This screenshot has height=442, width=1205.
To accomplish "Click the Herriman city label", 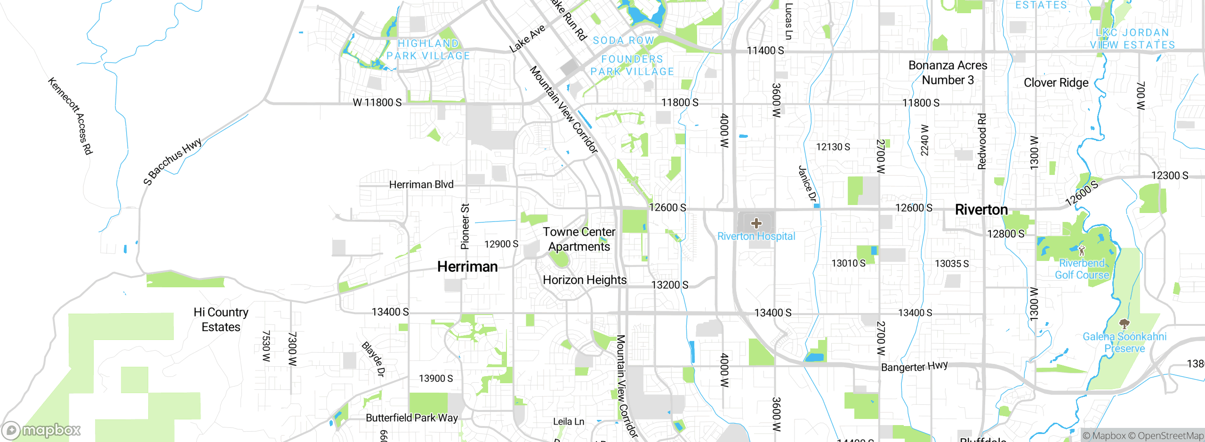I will click(x=467, y=267).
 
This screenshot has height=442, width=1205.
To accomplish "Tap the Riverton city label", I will click(x=981, y=210).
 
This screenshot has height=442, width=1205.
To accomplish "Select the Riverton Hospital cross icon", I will click(x=756, y=223).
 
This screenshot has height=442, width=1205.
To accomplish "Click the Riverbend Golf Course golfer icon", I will click(x=1081, y=251).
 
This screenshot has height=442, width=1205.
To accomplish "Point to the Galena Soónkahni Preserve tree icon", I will click(x=1124, y=324).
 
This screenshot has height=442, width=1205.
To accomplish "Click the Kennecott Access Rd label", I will click(x=70, y=116).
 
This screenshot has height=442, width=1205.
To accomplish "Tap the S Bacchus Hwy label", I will click(x=172, y=161).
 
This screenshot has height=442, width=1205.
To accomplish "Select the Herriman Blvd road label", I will click(x=421, y=185).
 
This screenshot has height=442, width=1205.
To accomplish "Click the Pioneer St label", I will click(x=465, y=226).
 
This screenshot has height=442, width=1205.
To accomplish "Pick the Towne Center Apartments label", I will click(x=579, y=239).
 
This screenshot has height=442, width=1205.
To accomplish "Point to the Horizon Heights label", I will click(x=585, y=280).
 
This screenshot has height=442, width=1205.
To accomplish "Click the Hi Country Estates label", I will click(x=221, y=320).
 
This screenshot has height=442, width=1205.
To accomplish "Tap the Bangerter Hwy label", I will click(x=914, y=366).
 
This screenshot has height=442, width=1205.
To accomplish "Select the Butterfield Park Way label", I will click(x=412, y=418).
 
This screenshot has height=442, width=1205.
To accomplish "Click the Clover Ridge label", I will click(x=1056, y=83).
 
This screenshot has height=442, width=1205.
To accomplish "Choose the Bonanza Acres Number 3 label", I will click(x=948, y=73).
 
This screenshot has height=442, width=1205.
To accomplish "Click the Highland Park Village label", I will click(x=428, y=50).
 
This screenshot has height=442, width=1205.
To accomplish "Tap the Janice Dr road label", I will click(x=807, y=184).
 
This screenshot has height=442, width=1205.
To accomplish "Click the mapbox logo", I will click(x=41, y=430).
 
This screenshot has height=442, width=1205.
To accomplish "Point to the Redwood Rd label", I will click(x=982, y=141).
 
